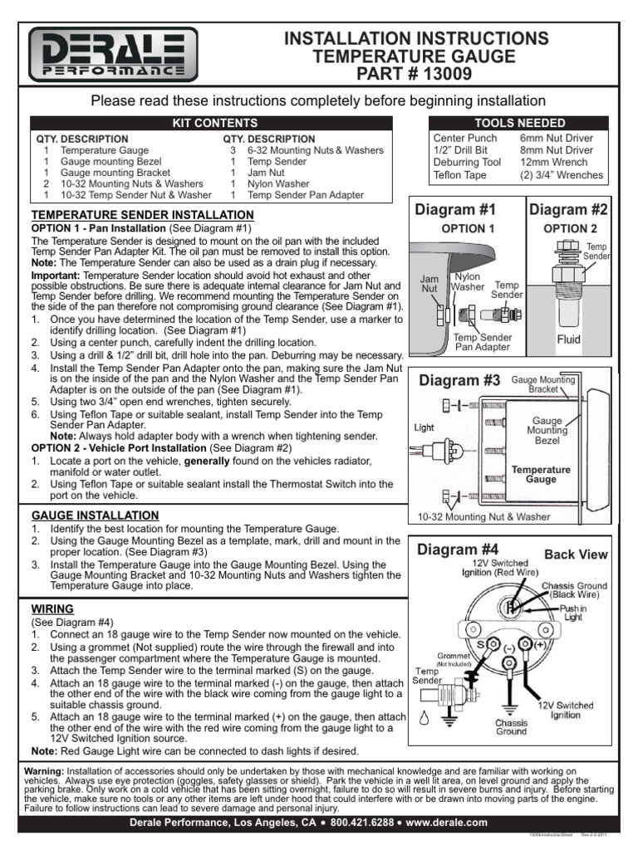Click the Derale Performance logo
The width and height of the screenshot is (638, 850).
pos(113,55)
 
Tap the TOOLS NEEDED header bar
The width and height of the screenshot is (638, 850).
pos(518,123)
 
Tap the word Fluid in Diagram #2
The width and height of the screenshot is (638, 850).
pos(569,340)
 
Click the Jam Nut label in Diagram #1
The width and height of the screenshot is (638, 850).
pos(429,283)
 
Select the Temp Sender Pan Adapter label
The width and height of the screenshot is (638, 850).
pos(483,342)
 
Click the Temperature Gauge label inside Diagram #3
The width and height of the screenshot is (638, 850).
pos(541,474)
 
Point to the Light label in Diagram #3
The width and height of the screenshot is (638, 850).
pos(425,428)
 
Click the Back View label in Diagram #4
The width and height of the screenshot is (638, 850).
pos(576,554)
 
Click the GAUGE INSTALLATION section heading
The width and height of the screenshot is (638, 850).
pos(95,515)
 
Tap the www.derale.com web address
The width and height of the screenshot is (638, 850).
pos(446,822)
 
